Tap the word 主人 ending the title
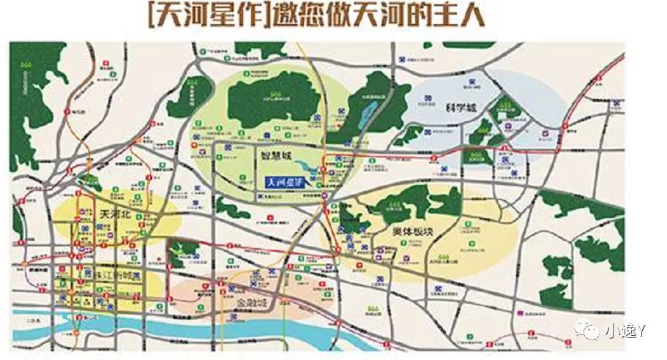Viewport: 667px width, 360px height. (462, 18)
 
